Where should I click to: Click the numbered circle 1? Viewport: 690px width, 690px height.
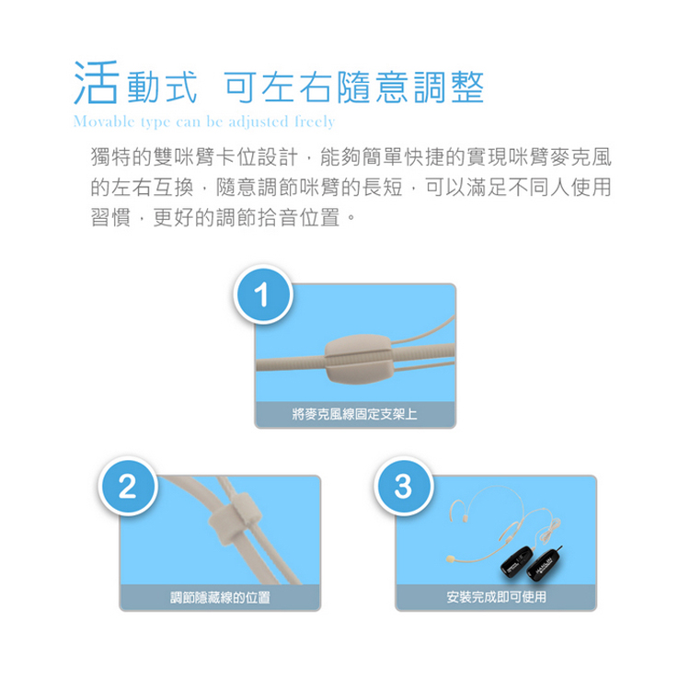click(263, 295)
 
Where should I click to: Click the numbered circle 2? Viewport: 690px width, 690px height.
click(129, 487)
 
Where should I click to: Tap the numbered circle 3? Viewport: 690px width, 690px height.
click(402, 487)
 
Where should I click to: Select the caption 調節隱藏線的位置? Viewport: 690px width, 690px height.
click(220, 598)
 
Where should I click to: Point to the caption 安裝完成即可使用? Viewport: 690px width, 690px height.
click(495, 598)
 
